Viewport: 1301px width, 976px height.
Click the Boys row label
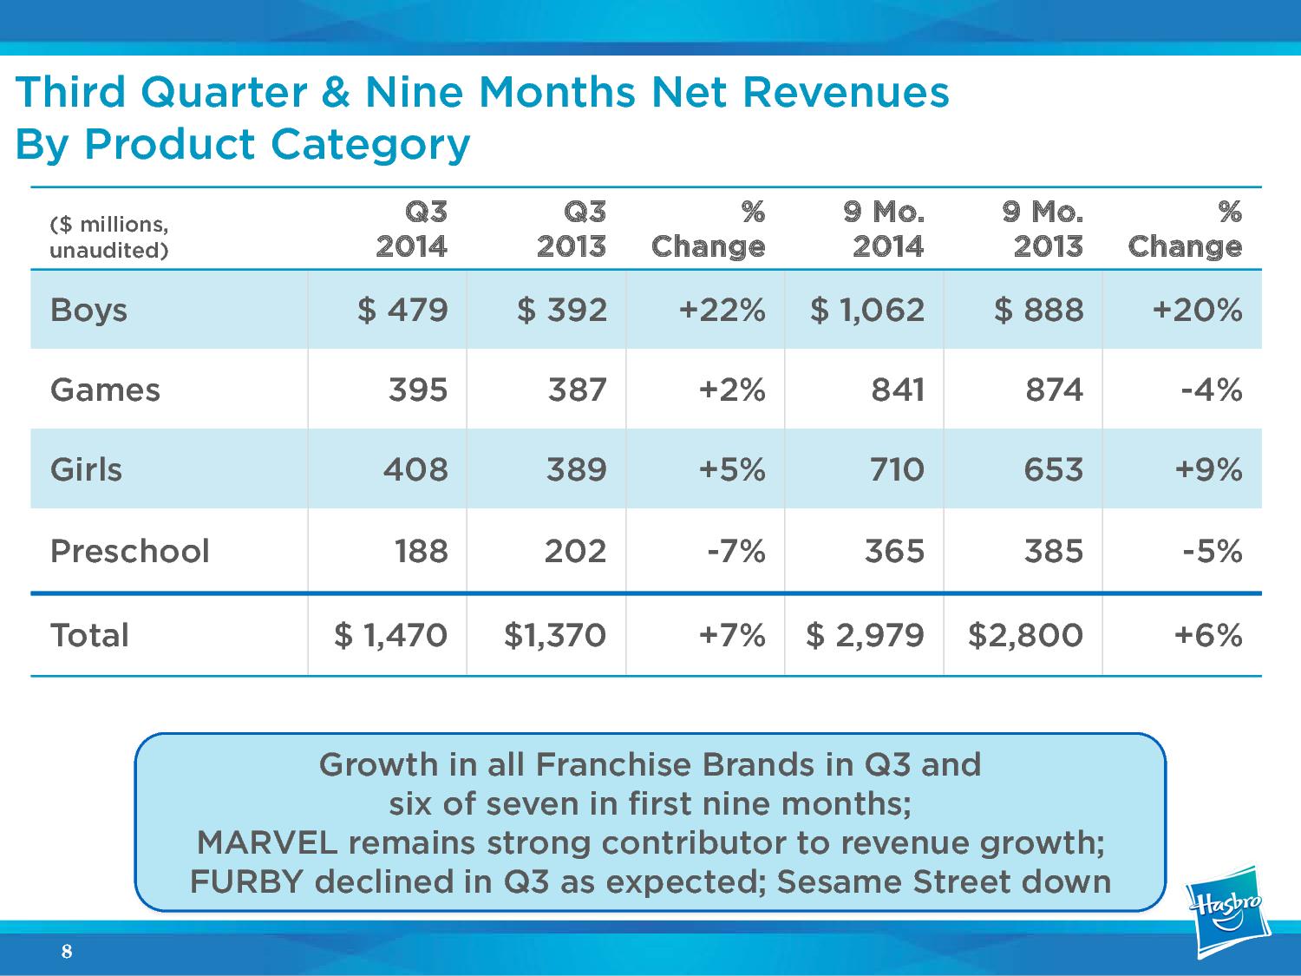click(x=88, y=310)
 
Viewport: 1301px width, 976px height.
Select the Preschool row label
click(x=130, y=551)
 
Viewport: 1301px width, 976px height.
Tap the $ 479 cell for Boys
click(x=403, y=310)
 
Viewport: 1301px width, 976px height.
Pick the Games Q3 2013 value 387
click(x=577, y=390)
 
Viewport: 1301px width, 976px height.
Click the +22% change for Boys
click(x=722, y=310)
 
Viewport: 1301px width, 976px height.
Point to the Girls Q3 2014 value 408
click(x=415, y=469)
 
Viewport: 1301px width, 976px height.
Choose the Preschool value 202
click(x=575, y=551)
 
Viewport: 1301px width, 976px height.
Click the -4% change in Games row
click(x=1212, y=390)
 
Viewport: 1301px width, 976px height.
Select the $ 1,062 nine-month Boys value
click(x=867, y=310)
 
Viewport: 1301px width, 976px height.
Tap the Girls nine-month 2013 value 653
click(x=1053, y=469)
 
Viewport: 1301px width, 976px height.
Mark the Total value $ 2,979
click(x=866, y=635)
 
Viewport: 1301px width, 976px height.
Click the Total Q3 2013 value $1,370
click(x=555, y=635)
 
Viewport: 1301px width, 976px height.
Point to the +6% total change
click(x=1208, y=635)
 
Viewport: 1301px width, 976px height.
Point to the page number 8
click(x=67, y=953)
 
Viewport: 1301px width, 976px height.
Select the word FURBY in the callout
click(x=246, y=881)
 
